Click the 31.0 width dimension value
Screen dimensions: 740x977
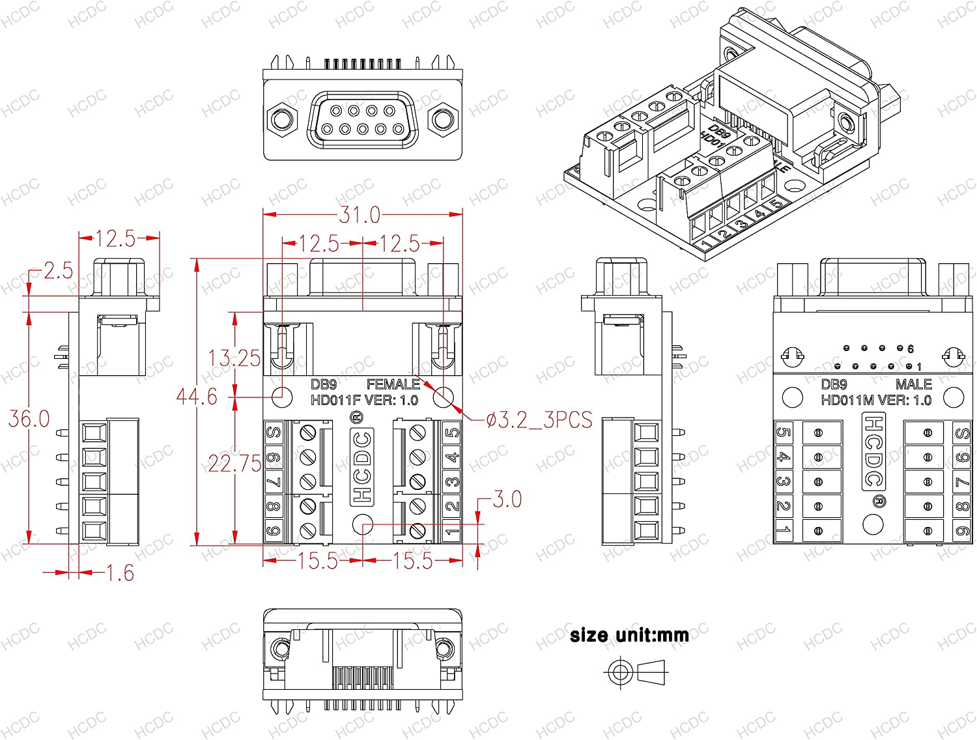360,214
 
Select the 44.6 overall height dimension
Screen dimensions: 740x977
197,396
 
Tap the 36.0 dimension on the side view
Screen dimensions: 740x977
29,419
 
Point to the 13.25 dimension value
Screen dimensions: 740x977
234,358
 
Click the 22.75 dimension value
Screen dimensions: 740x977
234,464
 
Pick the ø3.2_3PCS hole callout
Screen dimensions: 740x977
539,420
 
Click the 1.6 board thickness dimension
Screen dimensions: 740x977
120,573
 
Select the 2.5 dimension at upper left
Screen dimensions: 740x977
58,271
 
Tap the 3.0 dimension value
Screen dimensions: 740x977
507,500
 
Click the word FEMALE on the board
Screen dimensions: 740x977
393,384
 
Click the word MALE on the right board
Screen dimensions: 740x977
913,384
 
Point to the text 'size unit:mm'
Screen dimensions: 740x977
629,635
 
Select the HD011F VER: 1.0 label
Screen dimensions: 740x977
364,400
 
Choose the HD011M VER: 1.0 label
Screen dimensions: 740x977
876,400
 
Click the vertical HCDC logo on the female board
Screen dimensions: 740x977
361,466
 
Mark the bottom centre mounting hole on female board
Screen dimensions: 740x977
362,524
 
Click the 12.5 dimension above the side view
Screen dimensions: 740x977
116,239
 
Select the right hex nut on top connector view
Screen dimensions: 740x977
442,120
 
